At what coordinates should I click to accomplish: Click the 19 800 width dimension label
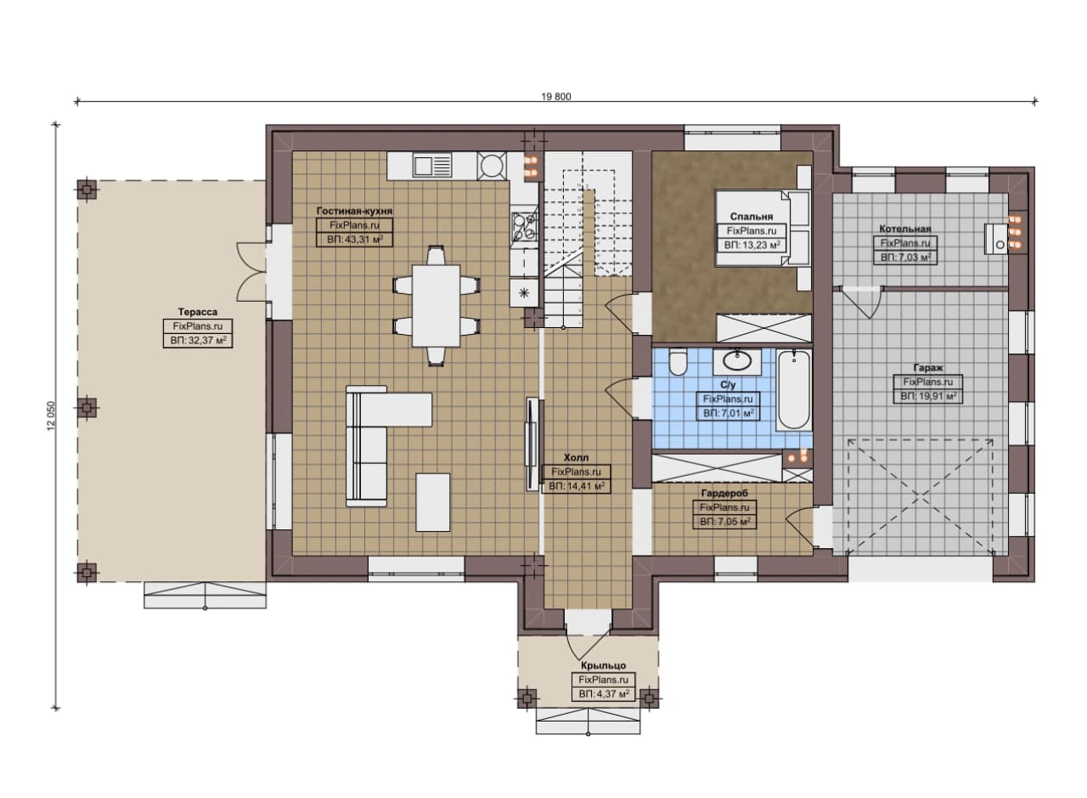(556, 97)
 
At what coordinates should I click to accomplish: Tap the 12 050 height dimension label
(52, 416)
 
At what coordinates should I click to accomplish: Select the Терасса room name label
(198, 312)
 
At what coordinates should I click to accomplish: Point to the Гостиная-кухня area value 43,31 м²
(354, 240)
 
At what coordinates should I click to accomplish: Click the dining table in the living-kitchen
(436, 305)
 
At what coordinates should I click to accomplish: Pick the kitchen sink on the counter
(432, 165)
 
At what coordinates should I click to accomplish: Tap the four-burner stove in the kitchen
(524, 227)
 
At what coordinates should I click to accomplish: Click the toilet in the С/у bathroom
(678, 363)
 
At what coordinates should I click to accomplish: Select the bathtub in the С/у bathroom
(794, 390)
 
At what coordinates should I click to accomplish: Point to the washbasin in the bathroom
(737, 361)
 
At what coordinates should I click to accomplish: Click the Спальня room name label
(752, 217)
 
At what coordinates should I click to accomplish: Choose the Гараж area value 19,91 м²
(928, 396)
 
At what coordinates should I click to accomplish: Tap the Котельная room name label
(905, 229)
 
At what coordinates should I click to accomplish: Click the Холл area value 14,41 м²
(577, 486)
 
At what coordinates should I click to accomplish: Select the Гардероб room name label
(724, 493)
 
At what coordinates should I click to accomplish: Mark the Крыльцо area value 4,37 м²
(604, 694)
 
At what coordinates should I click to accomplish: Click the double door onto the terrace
(252, 272)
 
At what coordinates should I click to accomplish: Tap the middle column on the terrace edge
(87, 408)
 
